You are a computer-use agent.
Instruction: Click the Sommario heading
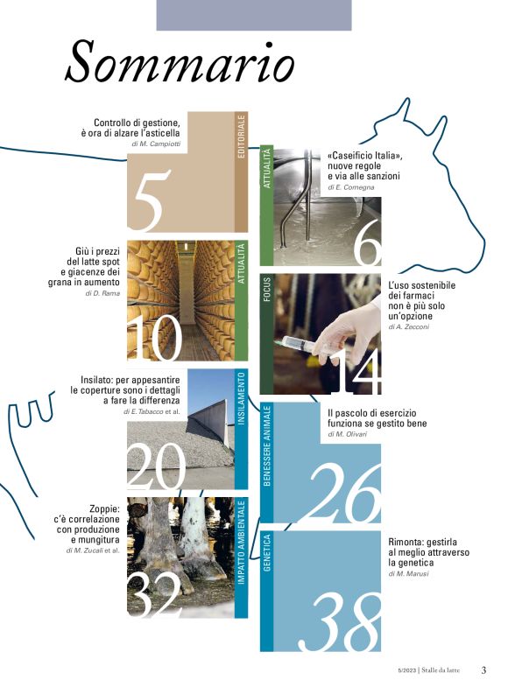(180, 61)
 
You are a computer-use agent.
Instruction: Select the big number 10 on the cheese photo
(155, 338)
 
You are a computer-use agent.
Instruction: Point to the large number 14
(357, 372)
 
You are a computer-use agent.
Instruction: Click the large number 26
(343, 493)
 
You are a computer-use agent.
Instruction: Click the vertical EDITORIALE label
(242, 137)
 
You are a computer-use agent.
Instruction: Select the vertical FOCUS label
(267, 290)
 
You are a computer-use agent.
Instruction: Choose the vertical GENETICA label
(267, 552)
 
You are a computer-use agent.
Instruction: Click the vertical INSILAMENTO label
(242, 399)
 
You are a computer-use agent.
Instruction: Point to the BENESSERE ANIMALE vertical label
(267, 446)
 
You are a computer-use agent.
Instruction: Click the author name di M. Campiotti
(156, 144)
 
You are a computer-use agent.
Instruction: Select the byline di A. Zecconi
(409, 327)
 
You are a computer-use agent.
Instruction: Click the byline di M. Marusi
(409, 573)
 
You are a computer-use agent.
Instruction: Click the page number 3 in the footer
(483, 670)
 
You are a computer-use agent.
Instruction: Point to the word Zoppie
(104, 508)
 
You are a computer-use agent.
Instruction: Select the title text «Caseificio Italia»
(365, 156)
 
